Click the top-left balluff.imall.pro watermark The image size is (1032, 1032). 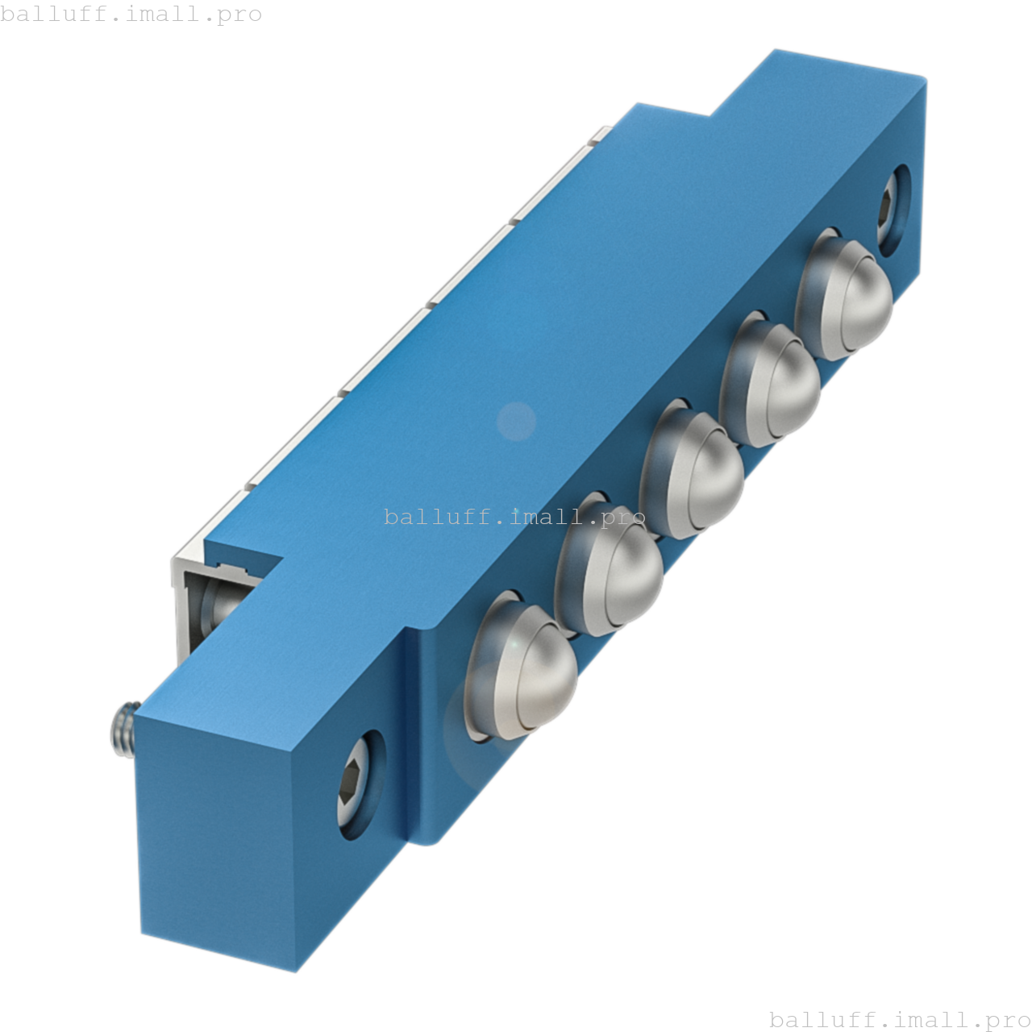[x=131, y=14]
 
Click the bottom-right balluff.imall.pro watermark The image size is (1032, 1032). [x=900, y=1019]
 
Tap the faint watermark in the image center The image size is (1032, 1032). [x=516, y=516]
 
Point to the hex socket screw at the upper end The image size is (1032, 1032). [x=890, y=207]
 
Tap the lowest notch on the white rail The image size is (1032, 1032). [x=249, y=486]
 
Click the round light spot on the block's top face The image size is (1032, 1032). [x=516, y=421]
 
